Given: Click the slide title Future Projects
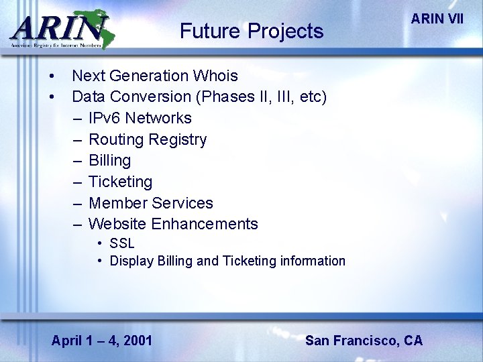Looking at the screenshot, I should pos(252,31).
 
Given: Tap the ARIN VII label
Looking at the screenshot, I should pos(437,19).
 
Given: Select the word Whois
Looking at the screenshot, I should pos(216,76).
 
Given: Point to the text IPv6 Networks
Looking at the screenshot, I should pos(140,119).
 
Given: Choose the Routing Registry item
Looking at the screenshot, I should pos(148,140).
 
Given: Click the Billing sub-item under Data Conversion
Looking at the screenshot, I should pos(109,161).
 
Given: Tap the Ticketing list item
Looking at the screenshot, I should pos(120,182).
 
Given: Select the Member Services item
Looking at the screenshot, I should pos(150,203).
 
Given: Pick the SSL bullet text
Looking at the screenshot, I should pos(122,243).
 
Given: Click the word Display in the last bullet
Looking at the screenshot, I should pos(131,261).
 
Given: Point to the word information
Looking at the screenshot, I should pos(312,261).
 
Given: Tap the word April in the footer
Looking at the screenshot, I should pos(66,341).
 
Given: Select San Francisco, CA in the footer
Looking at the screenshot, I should pos(364,341).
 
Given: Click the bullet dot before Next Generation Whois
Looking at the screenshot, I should pos(52,76).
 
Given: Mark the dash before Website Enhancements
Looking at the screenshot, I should pos(78,224).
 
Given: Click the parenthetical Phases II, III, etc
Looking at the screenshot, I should pos(262,97).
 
